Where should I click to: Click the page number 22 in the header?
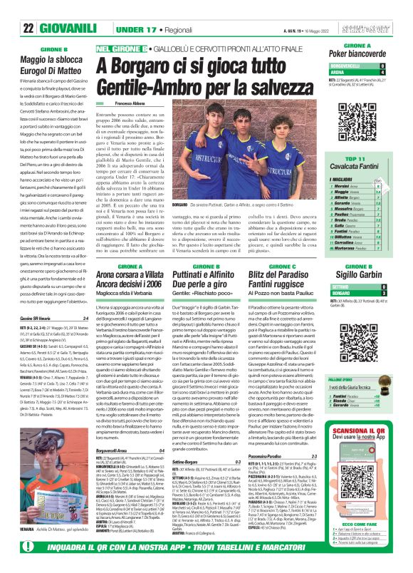click(x=28, y=29)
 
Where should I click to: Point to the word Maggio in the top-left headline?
click(x=35, y=62)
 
